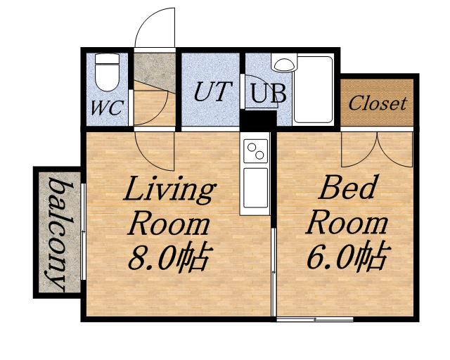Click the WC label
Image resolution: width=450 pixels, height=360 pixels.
(108, 108)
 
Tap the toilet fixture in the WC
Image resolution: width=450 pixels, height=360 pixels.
(107, 72)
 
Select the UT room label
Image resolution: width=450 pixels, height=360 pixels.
(212, 91)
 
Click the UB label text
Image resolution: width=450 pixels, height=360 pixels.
(269, 93)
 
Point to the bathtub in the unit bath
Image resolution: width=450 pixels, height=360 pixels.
(314, 89)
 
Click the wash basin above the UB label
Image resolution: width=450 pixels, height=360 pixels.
(284, 65)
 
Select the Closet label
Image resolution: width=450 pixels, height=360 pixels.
(378, 103)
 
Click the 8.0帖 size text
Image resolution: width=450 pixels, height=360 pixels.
(170, 257)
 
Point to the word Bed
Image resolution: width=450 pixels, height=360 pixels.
(347, 187)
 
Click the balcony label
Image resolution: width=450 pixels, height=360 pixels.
(60, 233)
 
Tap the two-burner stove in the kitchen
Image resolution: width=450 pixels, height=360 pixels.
(256, 150)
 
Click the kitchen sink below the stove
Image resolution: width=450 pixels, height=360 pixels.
(256, 188)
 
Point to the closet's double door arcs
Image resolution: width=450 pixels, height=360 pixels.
(377, 149)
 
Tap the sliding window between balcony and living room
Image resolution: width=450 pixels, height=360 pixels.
(83, 231)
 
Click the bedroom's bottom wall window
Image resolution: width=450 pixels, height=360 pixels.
(314, 319)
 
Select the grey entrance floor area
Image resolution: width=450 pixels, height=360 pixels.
(155, 69)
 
